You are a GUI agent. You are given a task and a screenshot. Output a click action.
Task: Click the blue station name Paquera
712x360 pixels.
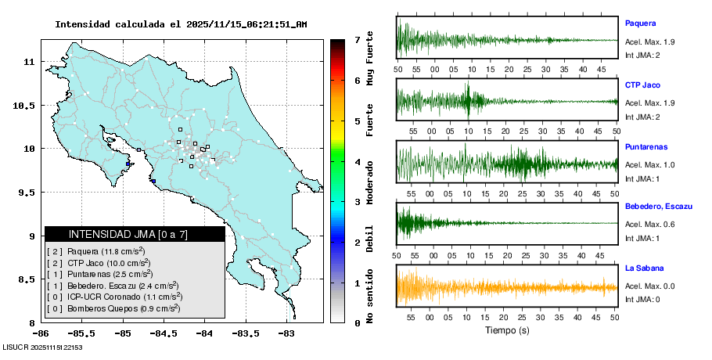pos(640,23)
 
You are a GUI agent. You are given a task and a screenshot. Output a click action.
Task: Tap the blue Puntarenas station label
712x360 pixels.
pos(646,146)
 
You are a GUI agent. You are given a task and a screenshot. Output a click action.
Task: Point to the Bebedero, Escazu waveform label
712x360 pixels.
pos(658,207)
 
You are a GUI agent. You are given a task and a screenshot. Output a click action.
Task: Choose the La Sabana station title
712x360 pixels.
pos(644,268)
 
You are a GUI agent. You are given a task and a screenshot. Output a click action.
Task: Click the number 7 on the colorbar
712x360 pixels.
pos(357,39)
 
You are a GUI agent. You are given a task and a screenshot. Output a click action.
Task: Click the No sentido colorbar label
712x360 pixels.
pos(369,297)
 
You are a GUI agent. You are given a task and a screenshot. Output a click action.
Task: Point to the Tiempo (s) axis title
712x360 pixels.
pos(506,330)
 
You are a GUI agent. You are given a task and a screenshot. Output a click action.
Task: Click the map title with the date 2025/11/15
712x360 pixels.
pos(181,24)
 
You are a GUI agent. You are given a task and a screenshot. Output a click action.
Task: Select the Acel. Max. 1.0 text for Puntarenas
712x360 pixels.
pos(649,164)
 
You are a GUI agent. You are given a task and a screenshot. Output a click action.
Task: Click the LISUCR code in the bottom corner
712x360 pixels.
pos(43,347)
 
